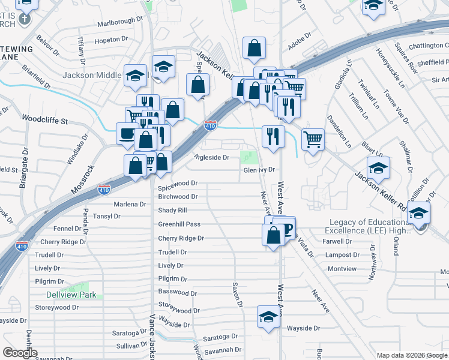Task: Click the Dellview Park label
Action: pos(71,295)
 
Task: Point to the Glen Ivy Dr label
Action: pos(259,170)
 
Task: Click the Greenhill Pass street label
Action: pos(179,224)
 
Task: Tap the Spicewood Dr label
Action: pos(178,183)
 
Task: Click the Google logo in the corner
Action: pos(20,353)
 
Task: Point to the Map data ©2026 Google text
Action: pos(411,355)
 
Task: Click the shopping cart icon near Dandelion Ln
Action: pos(313,139)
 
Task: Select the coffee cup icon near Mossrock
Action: pos(127,133)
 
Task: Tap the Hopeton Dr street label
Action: pos(112,40)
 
